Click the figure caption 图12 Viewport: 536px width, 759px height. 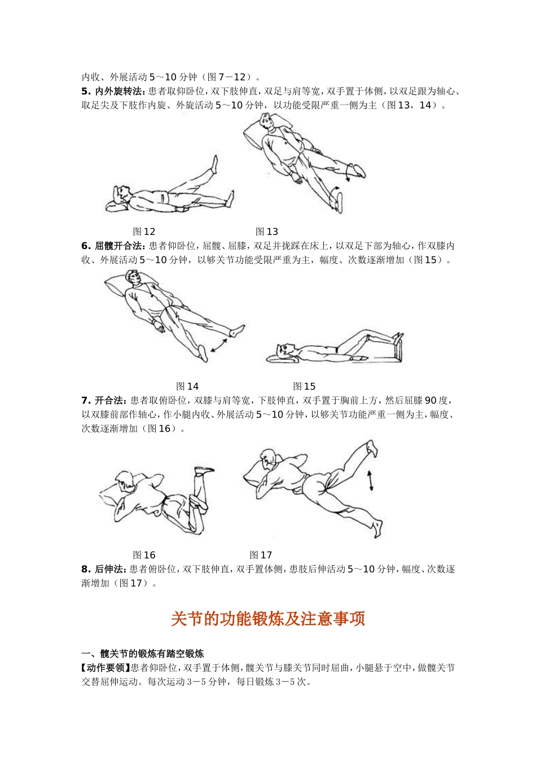point(144,232)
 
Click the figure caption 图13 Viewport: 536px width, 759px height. point(267,232)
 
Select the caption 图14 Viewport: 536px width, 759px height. point(187,386)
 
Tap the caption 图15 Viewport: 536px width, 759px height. point(304,386)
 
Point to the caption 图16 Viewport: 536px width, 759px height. point(144,555)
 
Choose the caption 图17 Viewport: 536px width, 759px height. point(261,555)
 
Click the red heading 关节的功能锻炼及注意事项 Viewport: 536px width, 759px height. point(268,619)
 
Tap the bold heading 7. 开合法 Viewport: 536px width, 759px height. point(104,400)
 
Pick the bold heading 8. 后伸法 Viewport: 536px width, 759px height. point(104,569)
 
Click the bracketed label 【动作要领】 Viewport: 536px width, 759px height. point(106,668)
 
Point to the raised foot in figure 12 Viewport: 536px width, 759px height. point(214,164)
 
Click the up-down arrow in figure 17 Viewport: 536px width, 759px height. point(370,481)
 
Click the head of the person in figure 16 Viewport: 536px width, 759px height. point(125,480)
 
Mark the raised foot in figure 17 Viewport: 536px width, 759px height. point(371,448)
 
